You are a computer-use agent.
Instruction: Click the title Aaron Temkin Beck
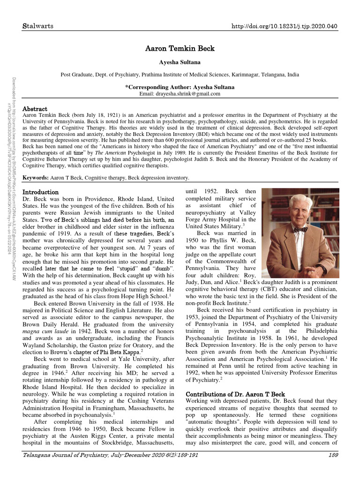tap(180, 48)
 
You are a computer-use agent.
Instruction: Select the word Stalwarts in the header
tap(38, 25)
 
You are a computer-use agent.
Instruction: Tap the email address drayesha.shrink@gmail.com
tap(180, 94)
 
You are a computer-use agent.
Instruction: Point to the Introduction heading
tap(41, 192)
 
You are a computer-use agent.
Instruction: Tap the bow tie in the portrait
tap(301, 230)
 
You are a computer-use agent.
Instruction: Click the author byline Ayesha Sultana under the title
tap(180, 61)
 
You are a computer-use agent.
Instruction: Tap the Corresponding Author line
tap(180, 87)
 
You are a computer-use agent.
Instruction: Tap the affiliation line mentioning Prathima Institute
tap(180, 75)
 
